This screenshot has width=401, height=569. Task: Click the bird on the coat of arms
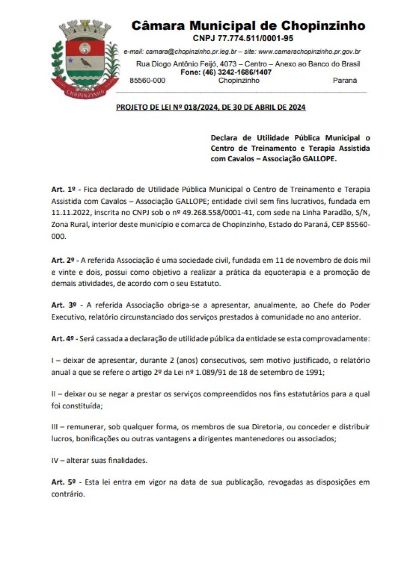85,63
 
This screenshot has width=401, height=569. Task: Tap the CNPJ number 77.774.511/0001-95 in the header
255,38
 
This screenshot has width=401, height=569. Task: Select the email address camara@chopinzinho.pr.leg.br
191,52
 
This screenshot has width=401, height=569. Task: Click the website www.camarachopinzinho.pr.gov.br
309,52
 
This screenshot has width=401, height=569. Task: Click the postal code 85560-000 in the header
147,80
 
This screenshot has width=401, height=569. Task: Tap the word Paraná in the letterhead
344,80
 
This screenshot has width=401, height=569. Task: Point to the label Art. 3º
64,305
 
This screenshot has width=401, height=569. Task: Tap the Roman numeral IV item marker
55,460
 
